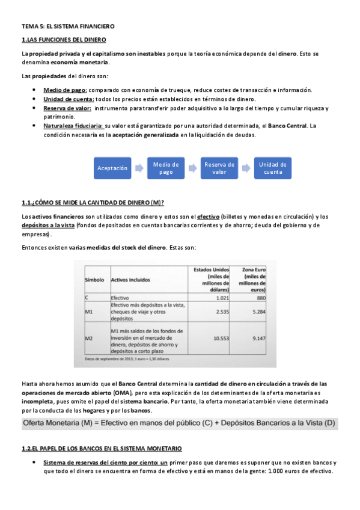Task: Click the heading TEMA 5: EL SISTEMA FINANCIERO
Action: click(x=68, y=27)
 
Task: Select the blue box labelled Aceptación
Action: click(x=113, y=168)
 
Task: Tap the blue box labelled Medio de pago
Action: click(x=166, y=168)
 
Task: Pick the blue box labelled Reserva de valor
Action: click(x=219, y=168)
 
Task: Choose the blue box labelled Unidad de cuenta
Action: click(x=272, y=168)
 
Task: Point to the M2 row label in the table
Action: click(x=89, y=339)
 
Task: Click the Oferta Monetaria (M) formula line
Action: click(x=178, y=424)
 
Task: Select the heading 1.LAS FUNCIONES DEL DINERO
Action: click(x=64, y=40)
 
